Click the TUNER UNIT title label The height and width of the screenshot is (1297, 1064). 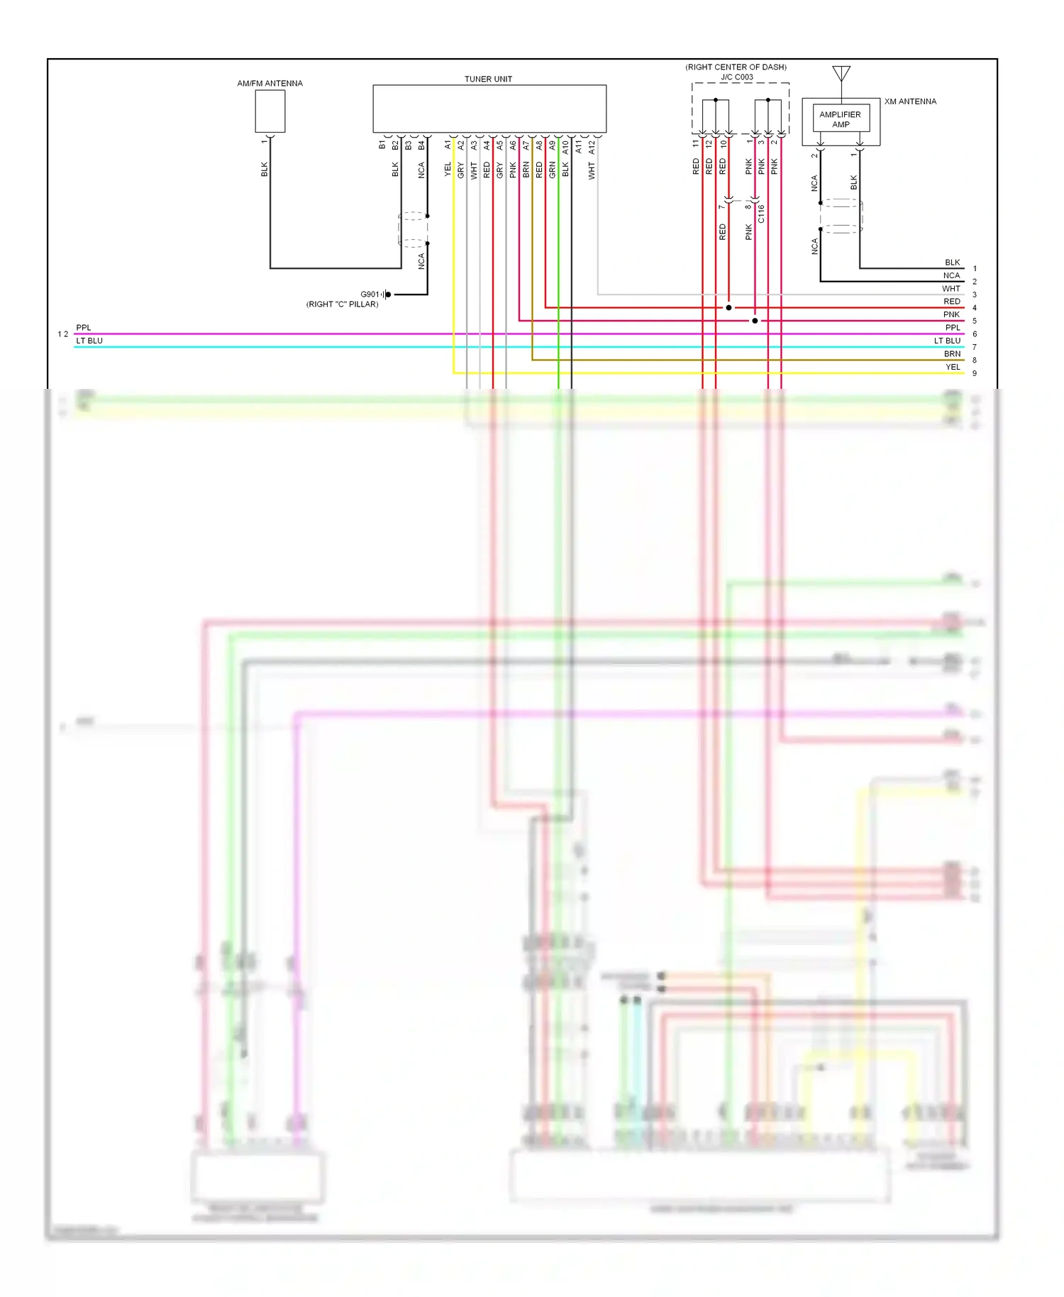click(488, 79)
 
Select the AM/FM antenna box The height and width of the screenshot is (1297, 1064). click(270, 111)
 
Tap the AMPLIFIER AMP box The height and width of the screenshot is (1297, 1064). click(841, 119)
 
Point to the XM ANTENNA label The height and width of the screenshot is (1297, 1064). click(910, 101)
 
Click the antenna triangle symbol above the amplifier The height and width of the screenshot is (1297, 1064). click(841, 72)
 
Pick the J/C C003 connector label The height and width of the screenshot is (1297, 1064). click(737, 77)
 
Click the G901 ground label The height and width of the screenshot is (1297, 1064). click(370, 294)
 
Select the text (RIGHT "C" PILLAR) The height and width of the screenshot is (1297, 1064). click(342, 304)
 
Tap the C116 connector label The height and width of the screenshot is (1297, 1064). click(761, 214)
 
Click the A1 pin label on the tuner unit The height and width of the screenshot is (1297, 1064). click(448, 145)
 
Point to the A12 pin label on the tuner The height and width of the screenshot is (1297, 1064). click(592, 146)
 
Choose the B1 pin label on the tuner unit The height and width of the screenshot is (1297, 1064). click(382, 145)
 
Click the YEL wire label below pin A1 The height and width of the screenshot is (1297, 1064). click(448, 170)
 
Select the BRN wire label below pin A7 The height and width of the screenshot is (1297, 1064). click(526, 170)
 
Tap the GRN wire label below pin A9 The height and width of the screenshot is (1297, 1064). click(552, 170)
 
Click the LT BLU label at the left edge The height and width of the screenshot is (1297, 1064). click(89, 341)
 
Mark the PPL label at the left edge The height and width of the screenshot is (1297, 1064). click(84, 328)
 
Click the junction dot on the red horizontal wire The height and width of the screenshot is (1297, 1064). click(728, 308)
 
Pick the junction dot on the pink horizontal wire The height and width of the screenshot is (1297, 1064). click(755, 321)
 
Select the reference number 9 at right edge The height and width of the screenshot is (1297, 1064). click(975, 374)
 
